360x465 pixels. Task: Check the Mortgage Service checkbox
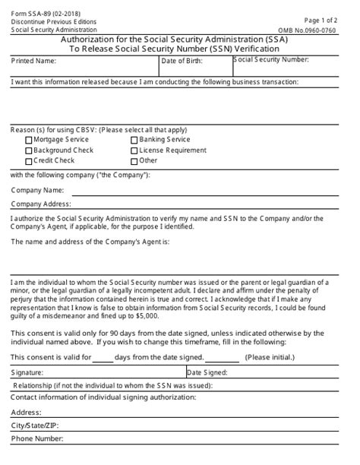tap(29, 140)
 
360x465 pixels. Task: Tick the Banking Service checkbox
tap(134, 140)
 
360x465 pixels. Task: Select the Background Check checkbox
tap(29, 150)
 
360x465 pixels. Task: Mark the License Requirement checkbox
tap(134, 150)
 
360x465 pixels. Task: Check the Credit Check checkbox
tap(29, 161)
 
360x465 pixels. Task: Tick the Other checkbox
tap(134, 161)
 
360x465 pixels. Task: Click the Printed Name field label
tap(34, 60)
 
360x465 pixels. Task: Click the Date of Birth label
tap(183, 60)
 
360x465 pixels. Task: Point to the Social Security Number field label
tap(271, 59)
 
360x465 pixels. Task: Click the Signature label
tap(27, 373)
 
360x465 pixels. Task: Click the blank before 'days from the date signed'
tap(102, 356)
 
